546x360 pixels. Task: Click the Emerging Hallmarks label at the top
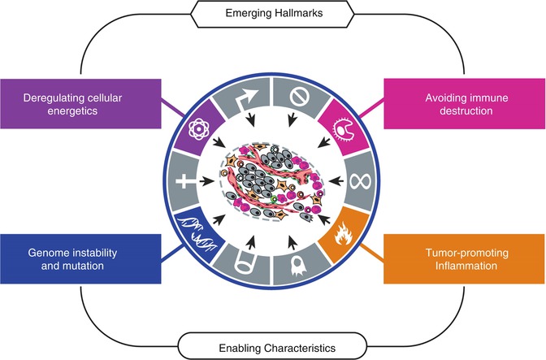tap(274, 14)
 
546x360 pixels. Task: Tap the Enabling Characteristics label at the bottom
tap(274, 347)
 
